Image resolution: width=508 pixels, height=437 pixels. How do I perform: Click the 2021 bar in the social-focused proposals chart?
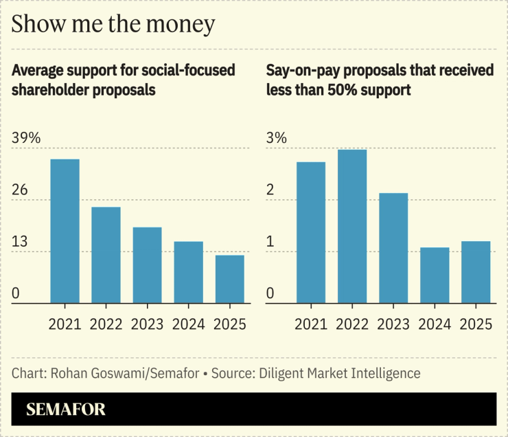65,231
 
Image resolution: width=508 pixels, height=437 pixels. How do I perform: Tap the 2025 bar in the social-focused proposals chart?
229,279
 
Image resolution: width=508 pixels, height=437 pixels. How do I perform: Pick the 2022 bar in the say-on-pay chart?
352,226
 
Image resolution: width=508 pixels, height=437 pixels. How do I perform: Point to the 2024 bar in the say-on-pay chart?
435,275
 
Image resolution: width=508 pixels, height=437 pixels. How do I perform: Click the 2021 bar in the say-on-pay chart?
311,232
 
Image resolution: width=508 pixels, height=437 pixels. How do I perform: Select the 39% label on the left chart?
27,138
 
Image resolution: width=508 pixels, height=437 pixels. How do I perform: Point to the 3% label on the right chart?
276,138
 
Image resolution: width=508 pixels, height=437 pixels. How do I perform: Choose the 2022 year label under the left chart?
106,324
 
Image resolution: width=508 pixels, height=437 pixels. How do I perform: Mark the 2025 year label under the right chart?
476,324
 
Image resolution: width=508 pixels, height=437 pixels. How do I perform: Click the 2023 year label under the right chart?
393,324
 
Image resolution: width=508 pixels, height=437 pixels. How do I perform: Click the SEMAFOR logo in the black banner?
66,410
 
